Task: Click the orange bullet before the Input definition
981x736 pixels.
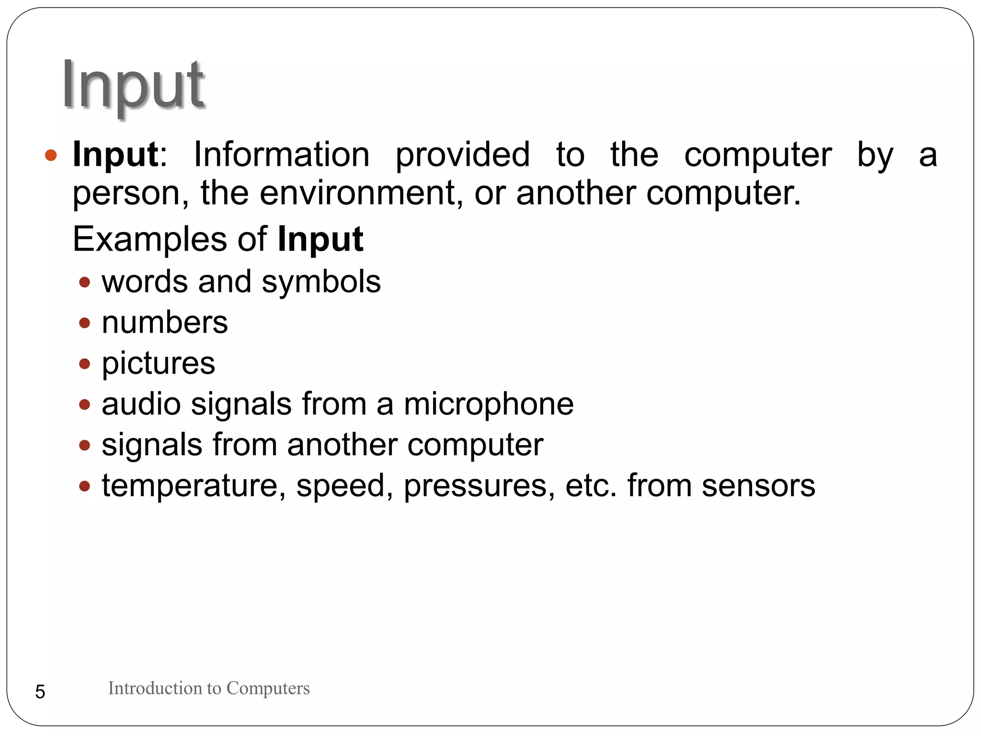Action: [51, 155]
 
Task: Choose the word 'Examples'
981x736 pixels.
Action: [150, 239]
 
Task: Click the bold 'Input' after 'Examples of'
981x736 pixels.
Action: [320, 239]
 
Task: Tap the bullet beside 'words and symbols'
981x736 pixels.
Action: [85, 282]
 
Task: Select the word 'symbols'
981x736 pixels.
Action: [321, 282]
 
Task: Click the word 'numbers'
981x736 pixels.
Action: [165, 322]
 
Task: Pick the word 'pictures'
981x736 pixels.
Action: [159, 364]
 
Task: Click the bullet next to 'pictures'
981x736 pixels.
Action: [85, 364]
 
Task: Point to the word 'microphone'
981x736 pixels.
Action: [489, 404]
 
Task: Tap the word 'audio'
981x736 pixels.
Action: [141, 404]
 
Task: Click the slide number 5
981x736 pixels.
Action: [40, 692]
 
